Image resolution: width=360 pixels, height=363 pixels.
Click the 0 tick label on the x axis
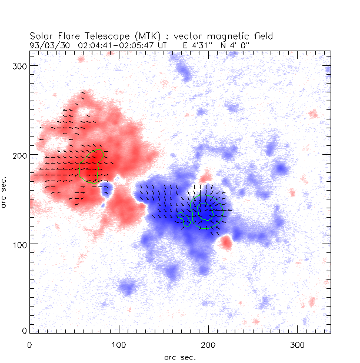point(29,344)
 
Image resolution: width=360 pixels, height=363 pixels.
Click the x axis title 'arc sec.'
point(179,357)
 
